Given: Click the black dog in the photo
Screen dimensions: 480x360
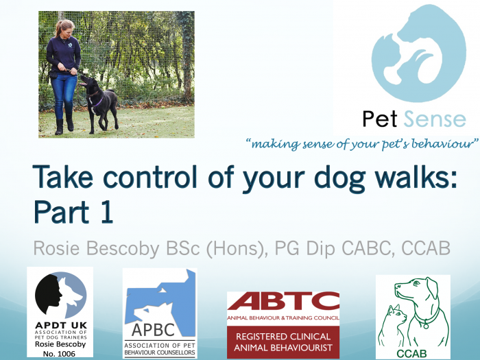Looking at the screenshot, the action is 99,103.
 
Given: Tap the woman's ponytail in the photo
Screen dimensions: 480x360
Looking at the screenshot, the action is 58,28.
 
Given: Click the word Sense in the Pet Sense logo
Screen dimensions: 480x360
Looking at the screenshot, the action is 435,119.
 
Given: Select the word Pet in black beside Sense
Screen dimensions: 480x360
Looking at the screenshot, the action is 380,119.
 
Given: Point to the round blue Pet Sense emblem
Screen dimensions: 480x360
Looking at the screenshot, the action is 419,53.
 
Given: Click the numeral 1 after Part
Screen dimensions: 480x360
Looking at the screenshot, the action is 106,212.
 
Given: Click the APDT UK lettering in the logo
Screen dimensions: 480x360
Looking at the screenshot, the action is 61,326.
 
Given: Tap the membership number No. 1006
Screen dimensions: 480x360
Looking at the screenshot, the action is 59,354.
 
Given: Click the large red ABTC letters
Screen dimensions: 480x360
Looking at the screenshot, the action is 283,301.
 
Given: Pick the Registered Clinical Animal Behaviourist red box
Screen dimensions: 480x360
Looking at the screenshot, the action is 283,342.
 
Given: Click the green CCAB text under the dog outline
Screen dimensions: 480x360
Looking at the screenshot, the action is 411,354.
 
